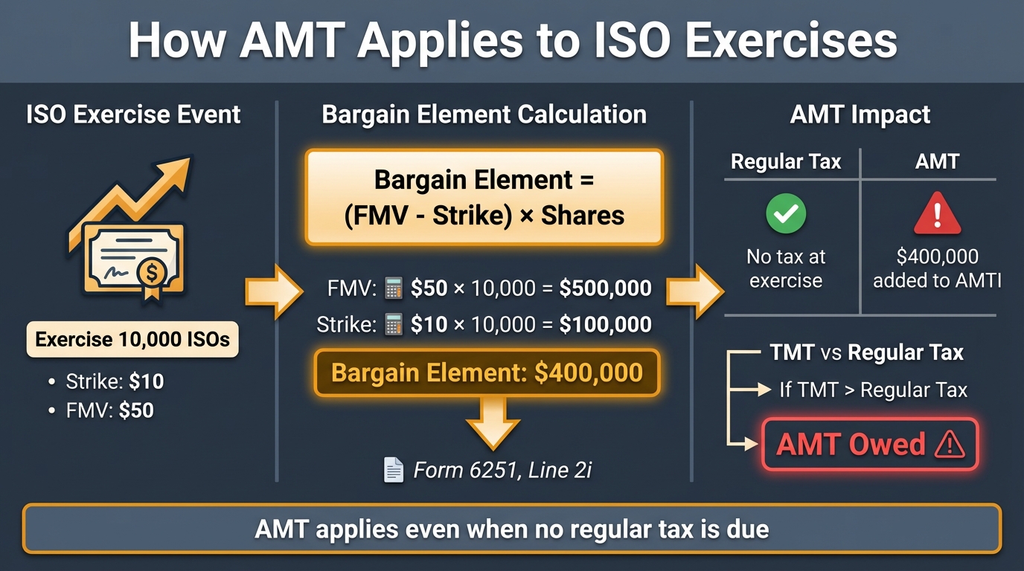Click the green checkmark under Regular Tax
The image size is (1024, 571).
[x=786, y=213]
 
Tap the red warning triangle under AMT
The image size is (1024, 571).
[x=936, y=214]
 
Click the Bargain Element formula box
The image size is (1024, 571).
[x=484, y=197]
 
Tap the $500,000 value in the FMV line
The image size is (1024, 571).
[x=605, y=288]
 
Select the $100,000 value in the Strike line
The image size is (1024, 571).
[x=605, y=324]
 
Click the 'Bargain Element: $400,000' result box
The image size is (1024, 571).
[x=487, y=372]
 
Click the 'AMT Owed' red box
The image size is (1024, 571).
[x=870, y=445]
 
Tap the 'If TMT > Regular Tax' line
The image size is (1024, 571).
[x=873, y=389]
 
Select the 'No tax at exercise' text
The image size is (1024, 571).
[x=786, y=268]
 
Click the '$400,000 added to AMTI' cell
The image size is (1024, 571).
[x=936, y=268]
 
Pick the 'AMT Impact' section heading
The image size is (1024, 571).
[x=860, y=114]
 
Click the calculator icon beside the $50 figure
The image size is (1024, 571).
[x=392, y=288]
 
